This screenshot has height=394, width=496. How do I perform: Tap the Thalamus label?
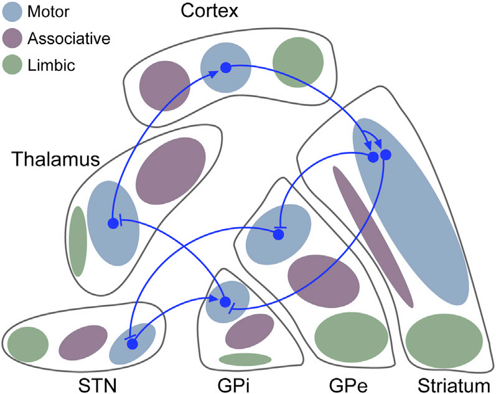click(x=55, y=161)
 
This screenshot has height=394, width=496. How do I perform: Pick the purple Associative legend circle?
click(x=12, y=38)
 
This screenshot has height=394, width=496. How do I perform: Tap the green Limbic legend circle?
click(x=12, y=63)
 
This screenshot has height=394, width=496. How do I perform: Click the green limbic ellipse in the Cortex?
click(x=298, y=62)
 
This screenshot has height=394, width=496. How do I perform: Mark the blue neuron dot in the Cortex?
click(x=226, y=67)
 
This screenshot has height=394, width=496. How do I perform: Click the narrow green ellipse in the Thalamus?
click(x=78, y=241)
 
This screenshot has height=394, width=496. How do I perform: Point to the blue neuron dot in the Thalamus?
click(x=113, y=223)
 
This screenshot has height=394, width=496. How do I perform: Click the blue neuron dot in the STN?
click(x=132, y=344)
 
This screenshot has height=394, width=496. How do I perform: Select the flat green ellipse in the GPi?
click(x=245, y=359)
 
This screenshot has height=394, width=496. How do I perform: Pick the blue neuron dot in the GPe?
click(x=278, y=233)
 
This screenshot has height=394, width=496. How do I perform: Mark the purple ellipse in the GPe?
click(x=323, y=281)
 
